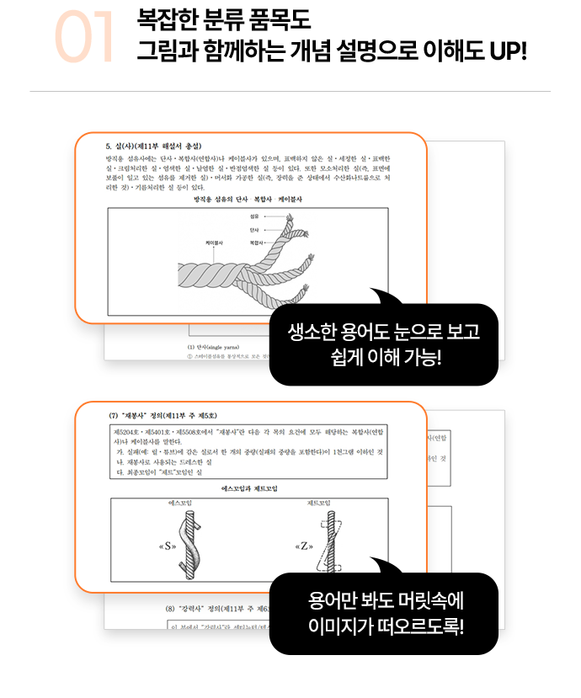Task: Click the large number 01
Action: pos(84,39)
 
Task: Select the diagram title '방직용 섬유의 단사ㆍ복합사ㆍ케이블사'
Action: pos(248,200)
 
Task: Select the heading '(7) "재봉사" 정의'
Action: pos(163,415)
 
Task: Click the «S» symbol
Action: pos(166,546)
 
